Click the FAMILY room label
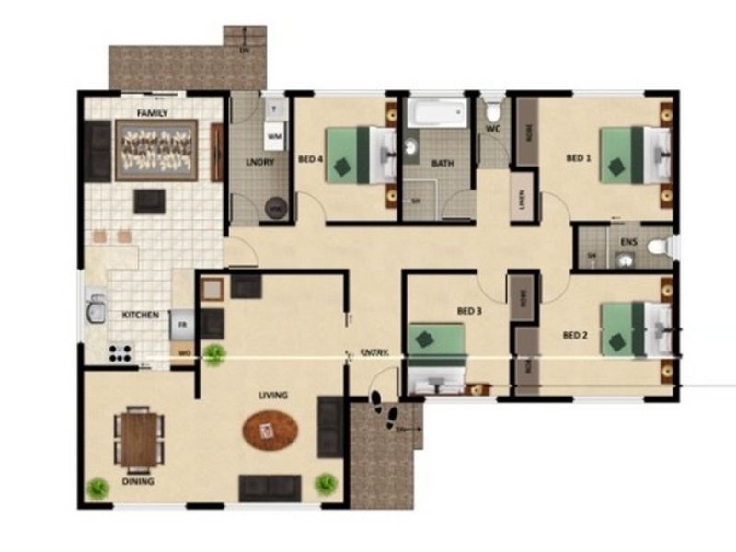tap(152, 112)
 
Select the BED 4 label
tap(311, 158)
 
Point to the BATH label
tap(443, 164)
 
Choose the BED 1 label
tap(578, 158)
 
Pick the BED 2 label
tap(575, 335)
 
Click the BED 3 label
tap(469, 311)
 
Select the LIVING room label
tap(273, 395)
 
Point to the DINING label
tap(138, 481)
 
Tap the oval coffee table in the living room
tap(270, 431)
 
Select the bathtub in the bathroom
tap(437, 114)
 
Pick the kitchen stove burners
tap(121, 352)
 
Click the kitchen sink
tap(95, 311)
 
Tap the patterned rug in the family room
tap(156, 150)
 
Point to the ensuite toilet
tap(656, 247)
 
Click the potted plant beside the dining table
tap(96, 488)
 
